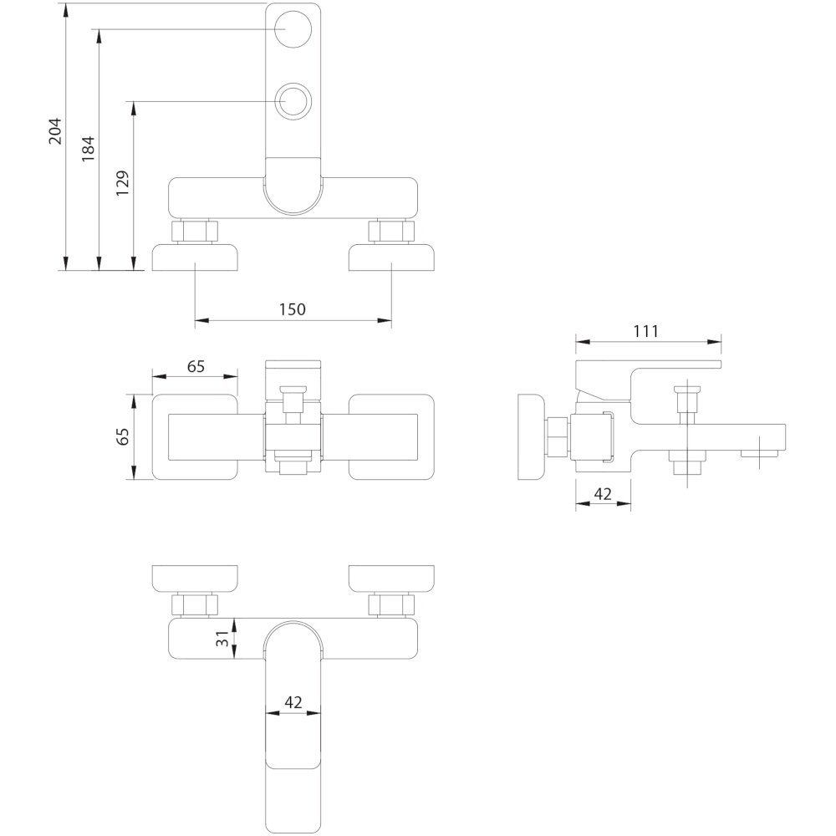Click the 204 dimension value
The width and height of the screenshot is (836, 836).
coord(56,130)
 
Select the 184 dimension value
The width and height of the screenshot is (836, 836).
coord(89,149)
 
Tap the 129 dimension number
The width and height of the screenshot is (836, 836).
coord(123,183)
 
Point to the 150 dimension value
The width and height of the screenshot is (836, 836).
coord(293,309)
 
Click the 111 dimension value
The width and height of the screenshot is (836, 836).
coord(646,331)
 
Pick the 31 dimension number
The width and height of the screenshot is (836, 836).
coord(223,638)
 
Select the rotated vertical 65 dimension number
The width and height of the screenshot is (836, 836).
coord(123,436)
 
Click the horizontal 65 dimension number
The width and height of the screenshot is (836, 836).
coord(196,366)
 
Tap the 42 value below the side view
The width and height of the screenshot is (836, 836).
coord(603,494)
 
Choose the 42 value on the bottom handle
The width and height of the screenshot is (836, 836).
coord(293,702)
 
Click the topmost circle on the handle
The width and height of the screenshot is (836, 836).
coord(293,28)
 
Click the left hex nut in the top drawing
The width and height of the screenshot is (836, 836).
coord(195,232)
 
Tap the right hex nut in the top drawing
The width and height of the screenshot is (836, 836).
coord(391,232)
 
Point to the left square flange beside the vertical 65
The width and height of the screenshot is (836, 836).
coord(195,436)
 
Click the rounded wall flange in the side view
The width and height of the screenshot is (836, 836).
coord(531,436)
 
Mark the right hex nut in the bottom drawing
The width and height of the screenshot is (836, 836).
coord(391,604)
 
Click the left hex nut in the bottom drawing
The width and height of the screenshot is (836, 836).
coord(195,604)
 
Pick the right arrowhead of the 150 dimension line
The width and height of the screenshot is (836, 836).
coord(385,320)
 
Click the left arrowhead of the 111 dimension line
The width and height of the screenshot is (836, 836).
coord(583,342)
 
